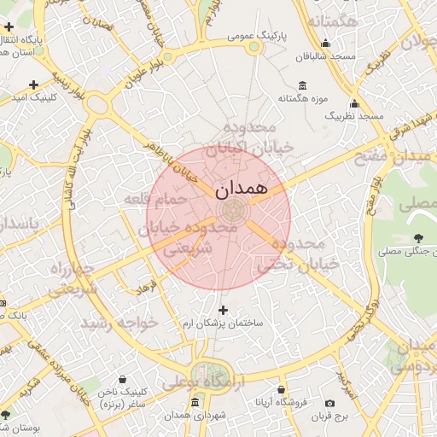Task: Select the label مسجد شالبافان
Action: [x=323, y=57]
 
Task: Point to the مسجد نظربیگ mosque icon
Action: [x=354, y=102]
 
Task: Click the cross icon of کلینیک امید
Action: [x=33, y=84]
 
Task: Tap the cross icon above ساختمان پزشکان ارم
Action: [x=224, y=310]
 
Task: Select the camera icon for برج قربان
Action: [x=330, y=403]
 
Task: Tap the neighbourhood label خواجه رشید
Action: [x=119, y=323]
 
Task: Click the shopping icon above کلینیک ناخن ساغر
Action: [x=124, y=379]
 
